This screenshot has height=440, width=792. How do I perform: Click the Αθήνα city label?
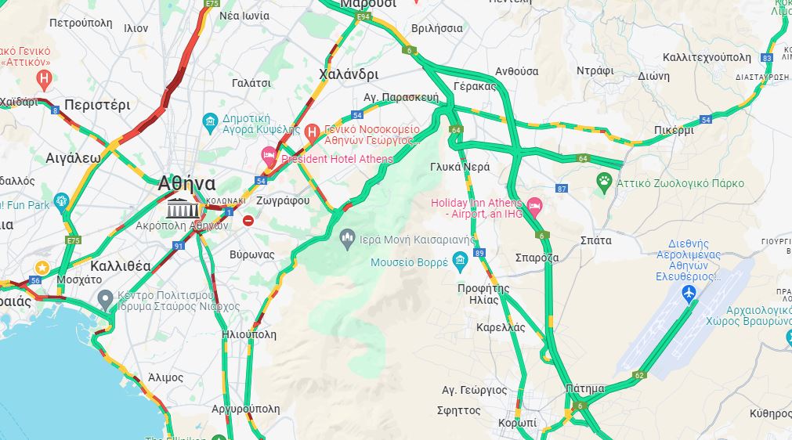186,183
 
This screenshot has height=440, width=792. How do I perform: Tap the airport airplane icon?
689,294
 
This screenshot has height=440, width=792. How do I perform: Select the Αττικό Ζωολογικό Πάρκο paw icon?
604,183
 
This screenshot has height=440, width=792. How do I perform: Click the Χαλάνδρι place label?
349,74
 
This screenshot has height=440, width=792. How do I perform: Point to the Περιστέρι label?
97,104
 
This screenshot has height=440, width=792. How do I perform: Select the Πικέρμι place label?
674,130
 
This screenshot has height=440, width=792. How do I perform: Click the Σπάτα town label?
596,240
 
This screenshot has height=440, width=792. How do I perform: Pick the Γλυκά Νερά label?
460,167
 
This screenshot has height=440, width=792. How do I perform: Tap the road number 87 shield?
561,189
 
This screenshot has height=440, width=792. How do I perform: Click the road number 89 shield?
479,253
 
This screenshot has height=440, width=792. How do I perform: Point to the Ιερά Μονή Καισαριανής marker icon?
348,236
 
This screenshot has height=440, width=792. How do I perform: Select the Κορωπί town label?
517,423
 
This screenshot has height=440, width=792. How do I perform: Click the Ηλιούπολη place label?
249,334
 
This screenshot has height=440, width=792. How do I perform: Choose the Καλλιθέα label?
121,265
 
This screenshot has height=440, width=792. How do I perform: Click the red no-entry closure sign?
248,221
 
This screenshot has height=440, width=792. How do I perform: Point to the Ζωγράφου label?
282,200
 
